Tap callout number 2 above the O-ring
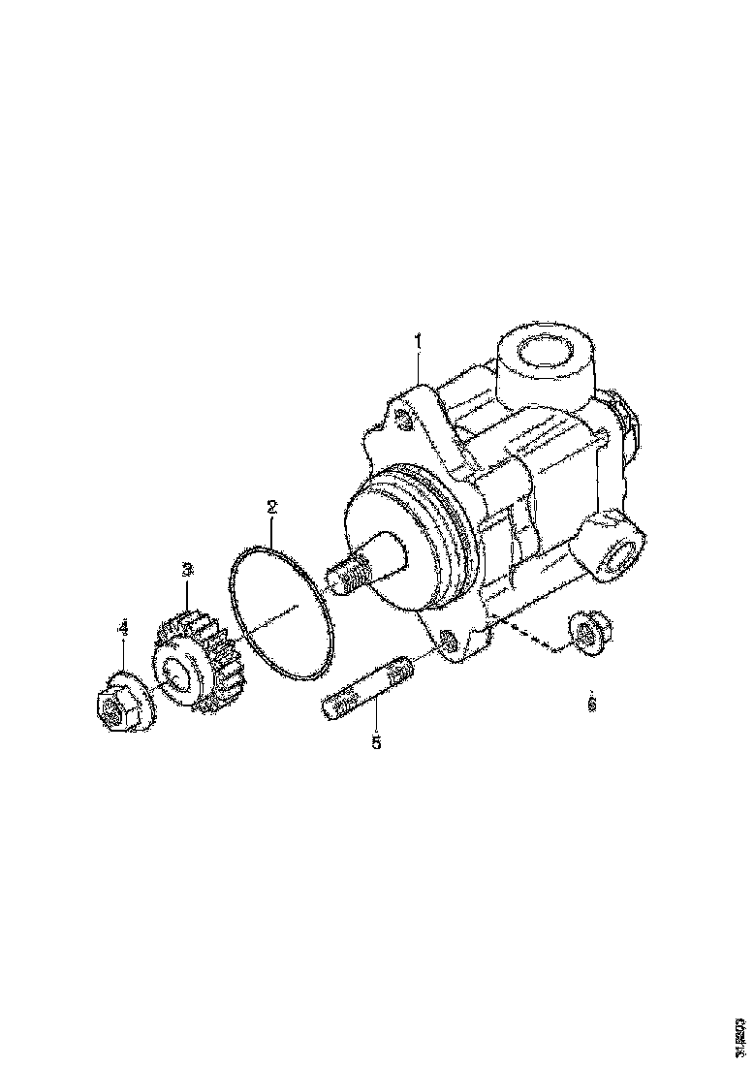(x=272, y=506)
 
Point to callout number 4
(x=122, y=630)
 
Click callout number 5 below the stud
(x=376, y=742)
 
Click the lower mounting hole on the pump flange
(x=449, y=641)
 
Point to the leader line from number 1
(x=417, y=368)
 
